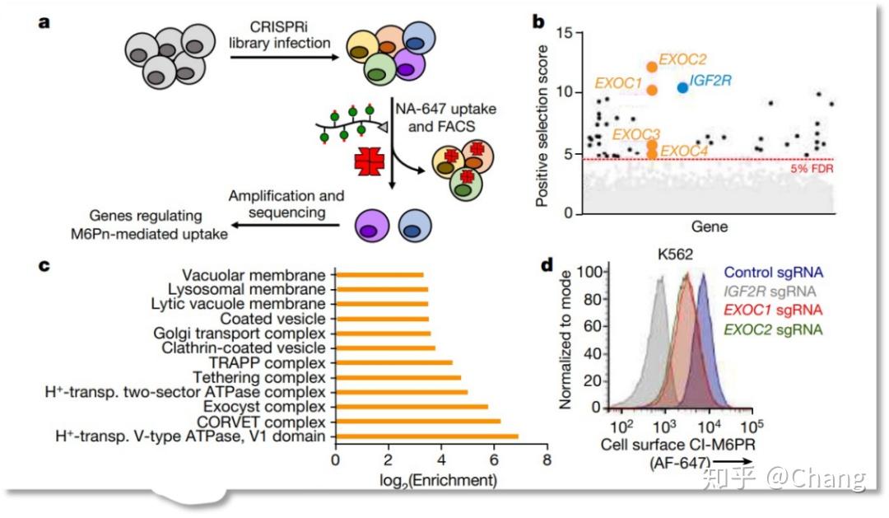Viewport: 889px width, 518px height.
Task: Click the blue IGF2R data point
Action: (x=682, y=86)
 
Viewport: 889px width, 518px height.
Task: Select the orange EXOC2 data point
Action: (x=652, y=67)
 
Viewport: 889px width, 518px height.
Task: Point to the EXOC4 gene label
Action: (x=684, y=151)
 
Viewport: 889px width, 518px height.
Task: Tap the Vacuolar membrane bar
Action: (x=379, y=275)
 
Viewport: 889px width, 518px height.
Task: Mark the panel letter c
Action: (x=44, y=264)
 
